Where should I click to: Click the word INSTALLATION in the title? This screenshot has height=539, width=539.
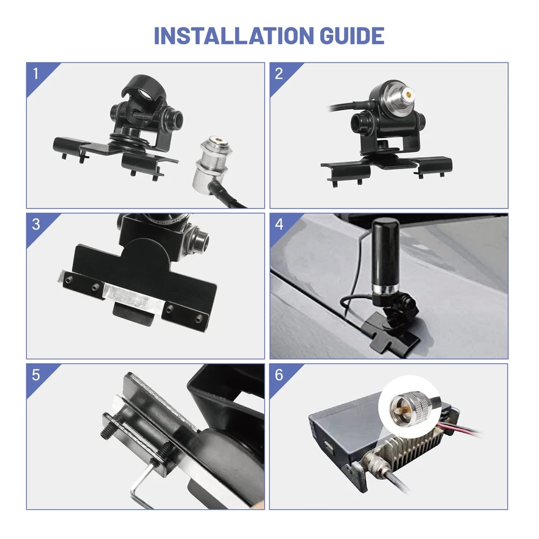(234, 36)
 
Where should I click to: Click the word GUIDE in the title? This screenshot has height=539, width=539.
(352, 36)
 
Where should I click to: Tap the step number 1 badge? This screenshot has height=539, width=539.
(36, 73)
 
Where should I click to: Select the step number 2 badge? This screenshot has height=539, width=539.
(279, 73)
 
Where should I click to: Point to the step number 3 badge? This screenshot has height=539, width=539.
(36, 224)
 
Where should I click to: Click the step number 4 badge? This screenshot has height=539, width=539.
(279, 224)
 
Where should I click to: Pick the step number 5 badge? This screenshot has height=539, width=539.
(36, 375)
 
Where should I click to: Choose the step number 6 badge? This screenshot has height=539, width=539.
(279, 375)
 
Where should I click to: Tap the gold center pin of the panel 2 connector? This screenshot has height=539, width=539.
(409, 93)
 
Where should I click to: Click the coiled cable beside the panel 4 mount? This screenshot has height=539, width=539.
(351, 302)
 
